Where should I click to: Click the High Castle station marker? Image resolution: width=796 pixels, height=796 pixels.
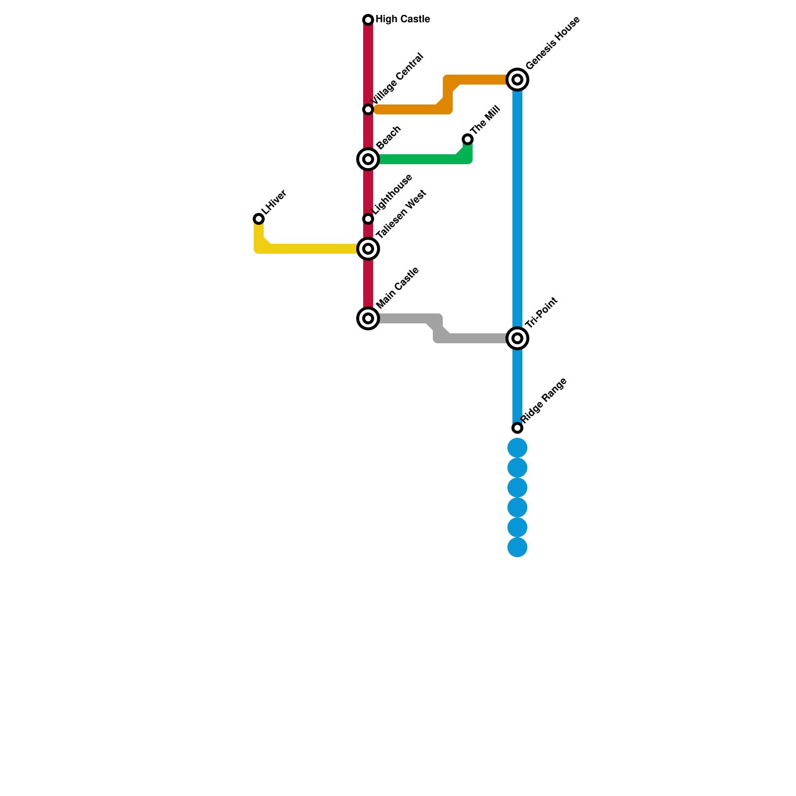coord(368,20)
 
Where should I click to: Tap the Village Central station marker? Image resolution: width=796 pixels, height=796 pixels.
coord(368,109)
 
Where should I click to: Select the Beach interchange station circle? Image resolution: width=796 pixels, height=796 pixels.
coord(368,159)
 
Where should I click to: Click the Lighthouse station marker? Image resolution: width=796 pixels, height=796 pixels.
coord(368,219)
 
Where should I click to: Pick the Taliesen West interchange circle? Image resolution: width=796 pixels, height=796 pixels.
coord(368,249)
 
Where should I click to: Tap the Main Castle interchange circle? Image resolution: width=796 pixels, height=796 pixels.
coord(368,318)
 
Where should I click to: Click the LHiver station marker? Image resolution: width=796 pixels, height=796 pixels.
coord(259,219)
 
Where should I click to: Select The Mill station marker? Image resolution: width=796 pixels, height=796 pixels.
coord(468,139)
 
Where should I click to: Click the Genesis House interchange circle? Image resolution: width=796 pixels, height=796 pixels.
coord(517,80)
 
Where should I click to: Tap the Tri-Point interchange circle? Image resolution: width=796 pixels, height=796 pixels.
coord(517,338)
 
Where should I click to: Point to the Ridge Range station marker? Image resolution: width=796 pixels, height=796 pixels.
coord(517,428)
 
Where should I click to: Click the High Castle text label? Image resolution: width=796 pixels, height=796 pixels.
coord(402,19)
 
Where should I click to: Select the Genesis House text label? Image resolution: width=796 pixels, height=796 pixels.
coord(552,43)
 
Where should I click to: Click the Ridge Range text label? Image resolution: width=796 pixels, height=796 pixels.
coord(544,401)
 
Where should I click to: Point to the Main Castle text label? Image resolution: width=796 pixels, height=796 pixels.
coord(398,288)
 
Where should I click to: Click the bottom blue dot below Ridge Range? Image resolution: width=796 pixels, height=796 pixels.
coord(517,547)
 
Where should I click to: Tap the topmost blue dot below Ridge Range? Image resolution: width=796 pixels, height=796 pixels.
coord(517,448)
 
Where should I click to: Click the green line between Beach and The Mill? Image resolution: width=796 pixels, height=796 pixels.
coord(418,159)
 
